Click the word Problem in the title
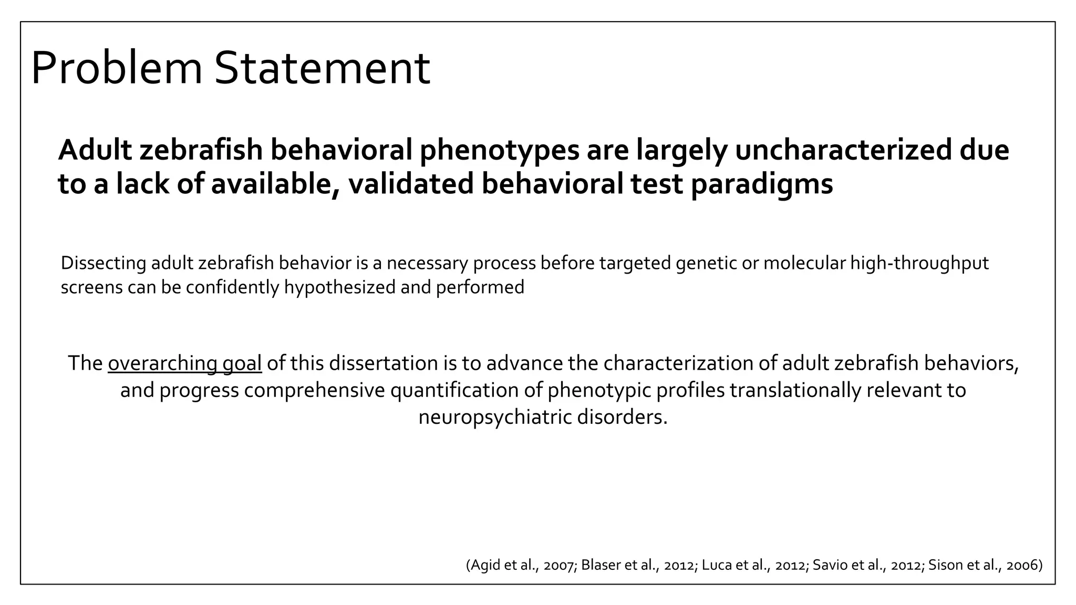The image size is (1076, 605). click(x=117, y=68)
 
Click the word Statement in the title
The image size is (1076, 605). click(x=322, y=68)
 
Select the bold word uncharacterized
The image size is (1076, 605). click(x=842, y=150)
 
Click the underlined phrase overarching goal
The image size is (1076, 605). click(x=184, y=363)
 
